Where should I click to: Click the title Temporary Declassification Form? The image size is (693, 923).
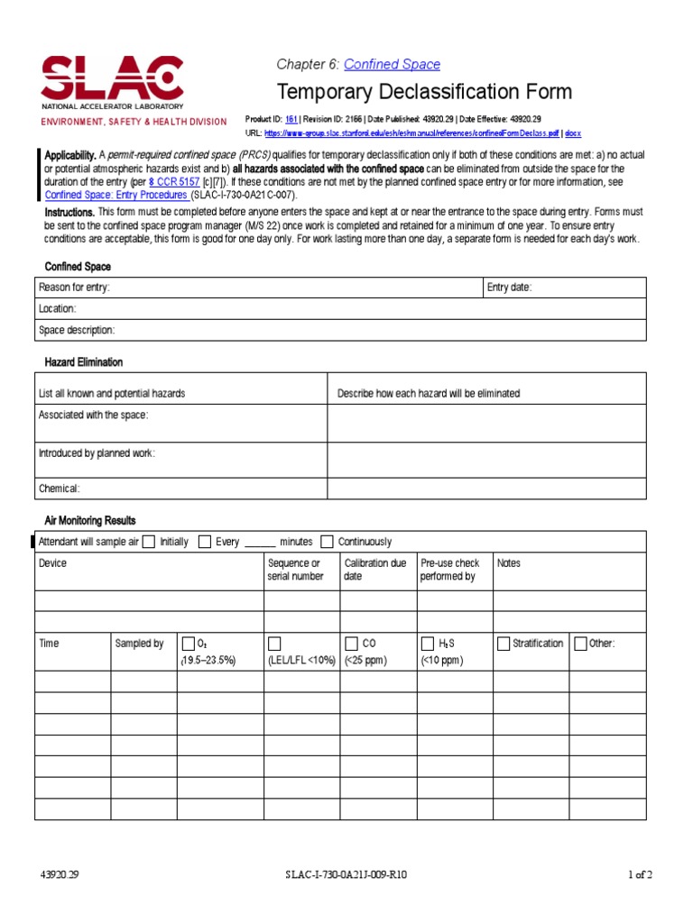point(424,92)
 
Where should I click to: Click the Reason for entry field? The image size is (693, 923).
point(258,288)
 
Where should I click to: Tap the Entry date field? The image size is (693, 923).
point(564,288)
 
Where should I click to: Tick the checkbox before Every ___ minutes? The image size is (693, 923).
point(205,542)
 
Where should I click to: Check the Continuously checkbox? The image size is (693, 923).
point(327,542)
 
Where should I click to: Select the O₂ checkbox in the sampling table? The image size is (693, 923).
point(188,644)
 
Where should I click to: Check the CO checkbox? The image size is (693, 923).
point(351,644)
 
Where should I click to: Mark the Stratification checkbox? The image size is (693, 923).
point(503,644)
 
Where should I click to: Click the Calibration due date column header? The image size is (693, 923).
point(374,570)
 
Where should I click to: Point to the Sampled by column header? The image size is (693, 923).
point(139,644)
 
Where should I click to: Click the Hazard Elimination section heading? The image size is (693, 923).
point(84,362)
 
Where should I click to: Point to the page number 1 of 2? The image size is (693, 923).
point(640,875)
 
